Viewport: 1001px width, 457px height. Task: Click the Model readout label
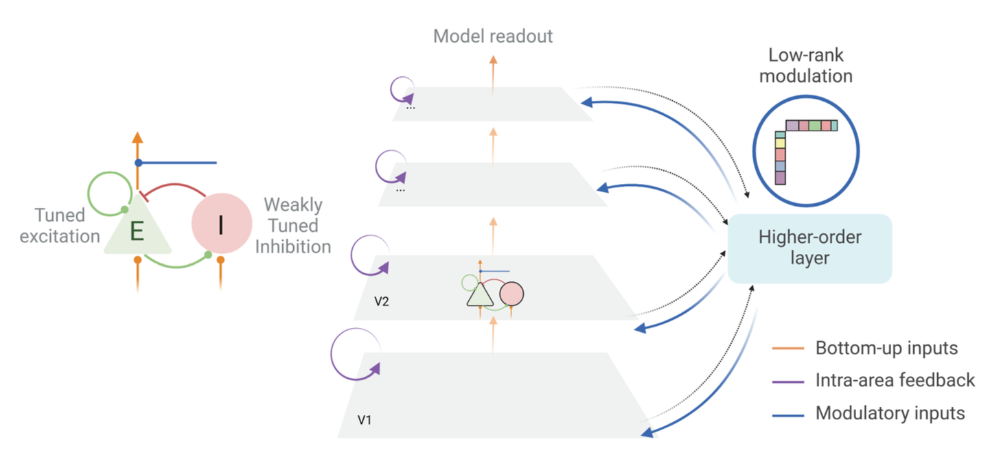pos(493,36)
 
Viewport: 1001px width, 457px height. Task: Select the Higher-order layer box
pos(809,248)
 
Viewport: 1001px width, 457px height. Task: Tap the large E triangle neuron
pos(137,230)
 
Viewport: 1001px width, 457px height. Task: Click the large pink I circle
pos(220,224)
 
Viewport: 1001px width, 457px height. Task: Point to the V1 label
pos(365,419)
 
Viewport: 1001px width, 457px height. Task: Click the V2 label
pos(382,301)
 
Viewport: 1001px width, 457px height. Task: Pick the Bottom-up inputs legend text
pos(886,348)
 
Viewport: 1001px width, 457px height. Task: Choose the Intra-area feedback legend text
pos(895,379)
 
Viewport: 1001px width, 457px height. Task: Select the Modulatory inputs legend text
pos(890,413)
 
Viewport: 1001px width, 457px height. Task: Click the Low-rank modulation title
pos(806,65)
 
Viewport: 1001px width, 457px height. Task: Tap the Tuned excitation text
pos(60,226)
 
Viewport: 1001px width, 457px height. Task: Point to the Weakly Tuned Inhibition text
pos(293,225)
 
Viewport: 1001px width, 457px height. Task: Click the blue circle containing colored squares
pos(806,150)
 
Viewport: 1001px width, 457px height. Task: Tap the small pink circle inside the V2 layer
pos(511,294)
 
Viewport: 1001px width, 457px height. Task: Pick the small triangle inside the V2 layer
pos(479,295)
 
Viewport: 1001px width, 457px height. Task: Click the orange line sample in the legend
pos(787,349)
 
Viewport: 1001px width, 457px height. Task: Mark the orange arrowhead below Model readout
pos(492,60)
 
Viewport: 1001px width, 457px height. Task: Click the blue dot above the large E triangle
pos(138,163)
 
